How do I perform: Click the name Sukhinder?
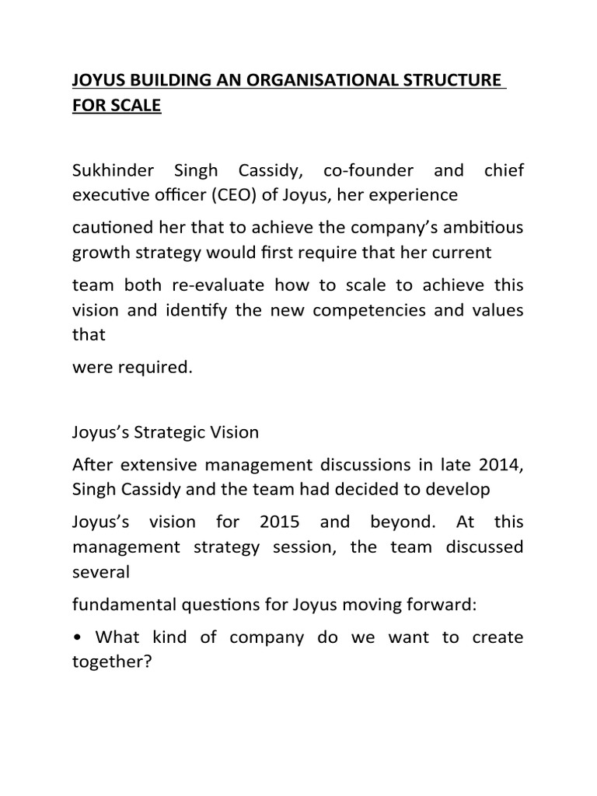117,171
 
